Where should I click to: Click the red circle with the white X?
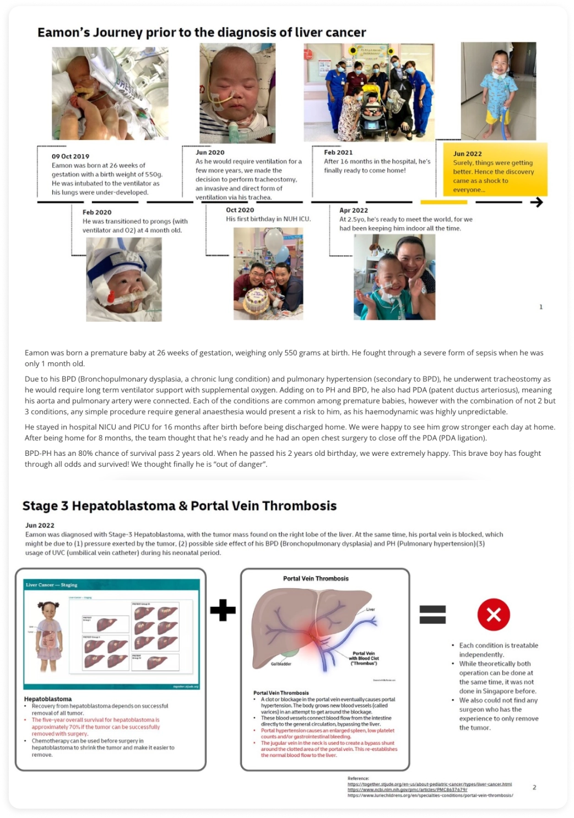click(x=494, y=614)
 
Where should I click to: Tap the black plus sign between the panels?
click(x=223, y=610)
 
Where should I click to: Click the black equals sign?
click(x=432, y=614)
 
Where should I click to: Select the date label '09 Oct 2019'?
click(x=71, y=157)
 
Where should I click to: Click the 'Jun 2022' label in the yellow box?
click(x=467, y=154)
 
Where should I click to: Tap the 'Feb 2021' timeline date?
click(x=338, y=153)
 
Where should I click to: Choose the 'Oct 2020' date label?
click(x=240, y=210)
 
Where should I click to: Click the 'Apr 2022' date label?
click(x=354, y=211)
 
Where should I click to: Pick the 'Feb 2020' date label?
click(x=97, y=212)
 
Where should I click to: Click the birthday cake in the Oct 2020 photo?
click(x=256, y=300)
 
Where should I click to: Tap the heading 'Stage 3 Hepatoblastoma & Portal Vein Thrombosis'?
click(x=180, y=506)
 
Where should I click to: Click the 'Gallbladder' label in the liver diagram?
click(x=281, y=664)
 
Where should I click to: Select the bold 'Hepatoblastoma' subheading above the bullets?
click(x=48, y=699)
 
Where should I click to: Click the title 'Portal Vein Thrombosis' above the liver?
click(x=316, y=579)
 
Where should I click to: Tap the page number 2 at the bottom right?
click(x=534, y=787)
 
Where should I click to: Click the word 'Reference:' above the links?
click(x=358, y=778)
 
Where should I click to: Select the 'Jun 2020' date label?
click(x=210, y=153)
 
